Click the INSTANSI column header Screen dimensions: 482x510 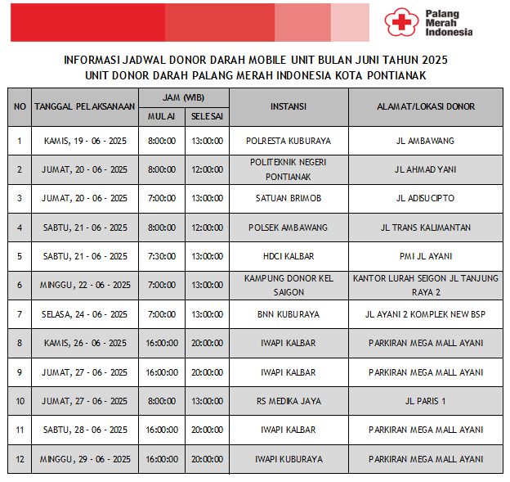pyautogui.click(x=289, y=107)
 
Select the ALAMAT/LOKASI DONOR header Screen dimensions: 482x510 pyautogui.click(x=425, y=107)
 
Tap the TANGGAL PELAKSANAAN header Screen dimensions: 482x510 pyautogui.click(x=85, y=107)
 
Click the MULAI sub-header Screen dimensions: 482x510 pyautogui.click(x=161, y=116)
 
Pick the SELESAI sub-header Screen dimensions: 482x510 pyautogui.click(x=207, y=116)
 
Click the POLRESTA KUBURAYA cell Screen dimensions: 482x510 pyautogui.click(x=289, y=141)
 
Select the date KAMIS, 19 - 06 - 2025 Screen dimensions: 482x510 pyautogui.click(x=85, y=141)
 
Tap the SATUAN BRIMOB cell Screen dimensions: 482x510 pyautogui.click(x=289, y=198)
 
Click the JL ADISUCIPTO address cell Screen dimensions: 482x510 pyautogui.click(x=425, y=198)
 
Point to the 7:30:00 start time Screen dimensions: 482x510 pyautogui.click(x=161, y=256)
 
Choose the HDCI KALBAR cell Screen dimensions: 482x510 pyautogui.click(x=289, y=256)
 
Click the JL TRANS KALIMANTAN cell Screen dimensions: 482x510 pyautogui.click(x=425, y=227)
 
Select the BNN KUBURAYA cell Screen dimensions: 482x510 pyautogui.click(x=289, y=314)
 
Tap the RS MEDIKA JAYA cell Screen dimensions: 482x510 pyautogui.click(x=289, y=401)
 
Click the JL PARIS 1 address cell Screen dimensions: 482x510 pyautogui.click(x=425, y=401)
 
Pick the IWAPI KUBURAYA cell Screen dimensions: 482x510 pyautogui.click(x=289, y=459)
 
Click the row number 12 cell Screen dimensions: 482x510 pyautogui.click(x=20, y=459)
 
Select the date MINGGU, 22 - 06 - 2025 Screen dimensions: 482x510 pyautogui.click(x=85, y=285)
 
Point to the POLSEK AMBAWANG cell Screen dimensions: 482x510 pyautogui.click(x=289, y=227)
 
